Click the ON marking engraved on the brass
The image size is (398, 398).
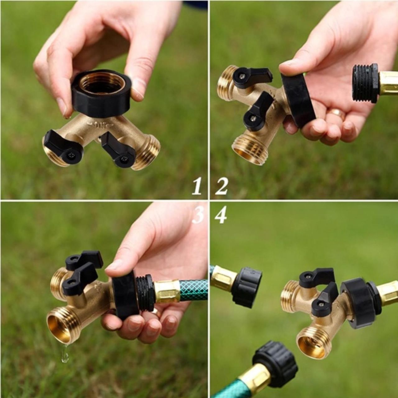tap(100, 125)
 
